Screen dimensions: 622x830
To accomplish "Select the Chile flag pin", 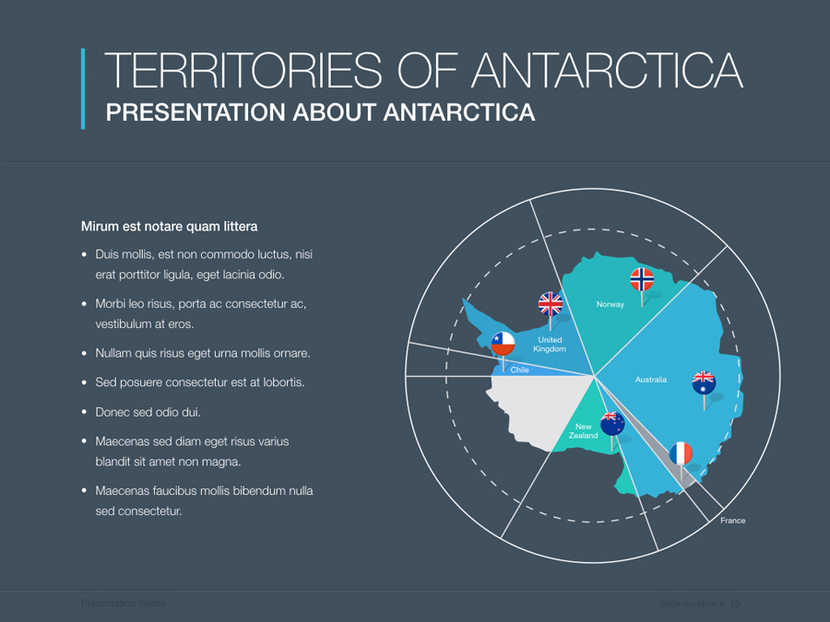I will (x=503, y=344).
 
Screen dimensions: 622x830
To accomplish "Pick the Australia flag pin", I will (x=704, y=381).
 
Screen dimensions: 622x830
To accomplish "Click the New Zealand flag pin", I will (x=612, y=424).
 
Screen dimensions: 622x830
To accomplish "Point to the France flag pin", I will (x=681, y=453).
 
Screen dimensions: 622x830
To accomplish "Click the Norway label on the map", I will (x=611, y=304).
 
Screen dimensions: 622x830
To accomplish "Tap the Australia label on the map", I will (x=651, y=380).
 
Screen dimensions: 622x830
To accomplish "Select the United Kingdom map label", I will (x=550, y=345).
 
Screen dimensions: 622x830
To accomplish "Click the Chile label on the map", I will (x=520, y=370).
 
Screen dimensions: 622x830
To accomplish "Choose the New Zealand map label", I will (x=583, y=431).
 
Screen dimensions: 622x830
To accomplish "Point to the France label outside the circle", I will (x=733, y=521).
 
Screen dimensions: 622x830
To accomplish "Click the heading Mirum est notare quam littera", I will (x=170, y=226).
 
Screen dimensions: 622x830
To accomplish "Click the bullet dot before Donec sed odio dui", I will (x=85, y=412).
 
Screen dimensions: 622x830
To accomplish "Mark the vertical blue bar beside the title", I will (x=83, y=88).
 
